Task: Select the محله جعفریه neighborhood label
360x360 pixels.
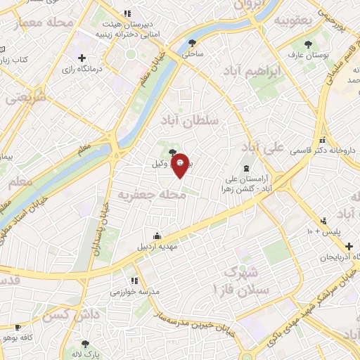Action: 151,194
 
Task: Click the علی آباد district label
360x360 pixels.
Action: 262,148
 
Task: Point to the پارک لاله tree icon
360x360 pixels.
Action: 86,345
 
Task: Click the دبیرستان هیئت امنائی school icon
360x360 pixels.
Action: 127,13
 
